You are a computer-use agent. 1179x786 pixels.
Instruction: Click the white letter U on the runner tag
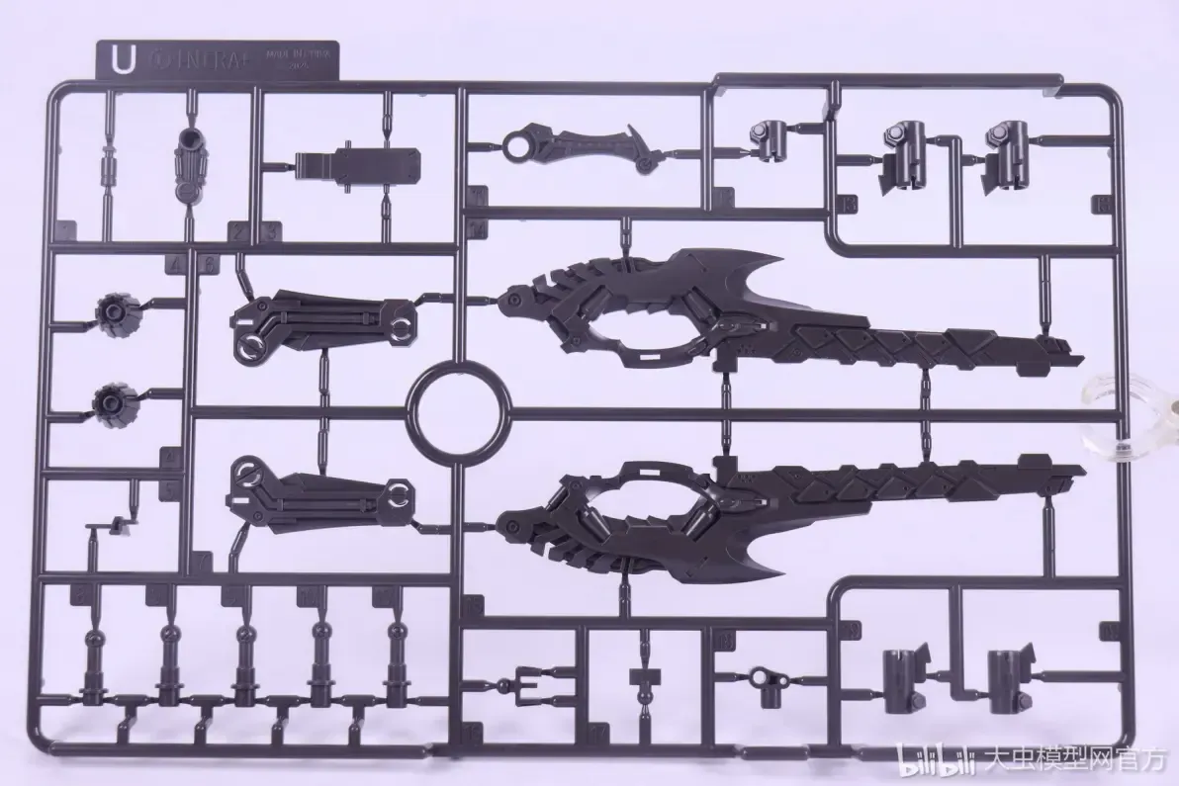click(123, 59)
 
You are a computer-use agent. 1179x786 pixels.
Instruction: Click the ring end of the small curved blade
click(516, 149)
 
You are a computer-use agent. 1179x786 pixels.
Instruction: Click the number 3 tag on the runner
click(272, 231)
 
